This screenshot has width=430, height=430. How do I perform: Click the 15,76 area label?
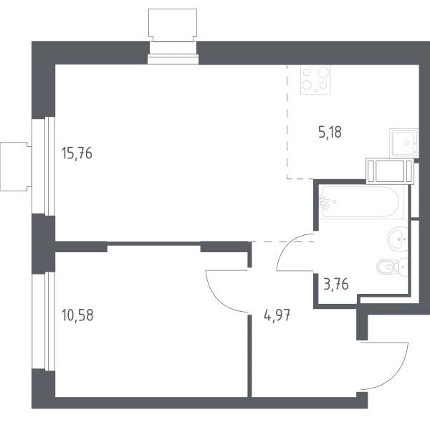[77, 153]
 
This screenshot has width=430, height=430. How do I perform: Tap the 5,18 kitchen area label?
[330, 132]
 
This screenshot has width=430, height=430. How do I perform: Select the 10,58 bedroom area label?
[77, 315]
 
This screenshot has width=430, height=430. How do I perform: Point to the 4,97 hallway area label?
[277, 315]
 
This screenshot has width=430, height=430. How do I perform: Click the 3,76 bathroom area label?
[336, 284]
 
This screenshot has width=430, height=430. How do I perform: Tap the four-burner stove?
[315, 80]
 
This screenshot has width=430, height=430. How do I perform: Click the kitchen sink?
[404, 143]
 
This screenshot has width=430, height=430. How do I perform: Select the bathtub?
[360, 202]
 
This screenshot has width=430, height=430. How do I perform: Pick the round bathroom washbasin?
[398, 239]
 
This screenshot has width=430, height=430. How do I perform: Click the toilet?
[392, 267]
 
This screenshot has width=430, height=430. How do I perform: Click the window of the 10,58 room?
[44, 321]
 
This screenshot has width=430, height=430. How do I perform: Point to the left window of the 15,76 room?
[44, 166]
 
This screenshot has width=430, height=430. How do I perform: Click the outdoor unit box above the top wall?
[173, 25]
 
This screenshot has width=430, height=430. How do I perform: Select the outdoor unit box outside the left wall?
[16, 166]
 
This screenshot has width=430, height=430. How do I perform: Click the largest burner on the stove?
[323, 72]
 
